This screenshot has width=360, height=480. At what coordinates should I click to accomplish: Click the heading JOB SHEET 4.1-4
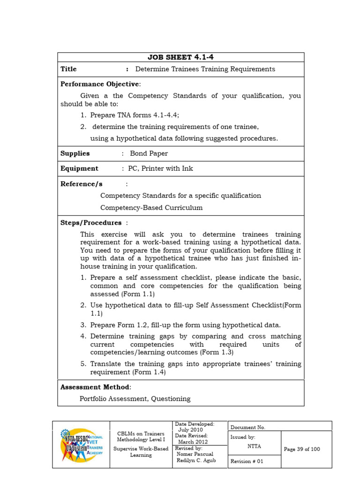[180, 57]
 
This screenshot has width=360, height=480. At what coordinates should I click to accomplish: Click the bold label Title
[68, 69]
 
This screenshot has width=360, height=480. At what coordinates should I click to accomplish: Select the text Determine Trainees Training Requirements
[205, 69]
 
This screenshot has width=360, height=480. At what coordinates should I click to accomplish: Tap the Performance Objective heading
[100, 84]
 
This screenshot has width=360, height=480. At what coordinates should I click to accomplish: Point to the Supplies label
[75, 153]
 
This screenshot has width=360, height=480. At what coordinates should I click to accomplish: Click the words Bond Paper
[149, 153]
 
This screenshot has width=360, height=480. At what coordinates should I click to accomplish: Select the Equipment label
[79, 168]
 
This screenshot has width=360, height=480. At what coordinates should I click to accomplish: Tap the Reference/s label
[81, 184]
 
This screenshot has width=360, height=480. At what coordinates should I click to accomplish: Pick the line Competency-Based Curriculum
[151, 208]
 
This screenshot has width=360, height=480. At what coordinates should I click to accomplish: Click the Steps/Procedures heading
[91, 223]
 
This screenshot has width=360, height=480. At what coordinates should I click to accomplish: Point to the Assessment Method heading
[96, 387]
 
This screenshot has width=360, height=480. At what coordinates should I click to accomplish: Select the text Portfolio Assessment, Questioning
[135, 399]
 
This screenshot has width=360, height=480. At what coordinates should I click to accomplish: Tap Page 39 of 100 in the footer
[302, 449]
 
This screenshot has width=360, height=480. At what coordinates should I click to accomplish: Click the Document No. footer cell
[248, 427]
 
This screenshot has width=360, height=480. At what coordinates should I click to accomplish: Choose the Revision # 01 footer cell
[247, 461]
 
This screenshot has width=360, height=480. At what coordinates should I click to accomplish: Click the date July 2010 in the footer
[190, 429]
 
